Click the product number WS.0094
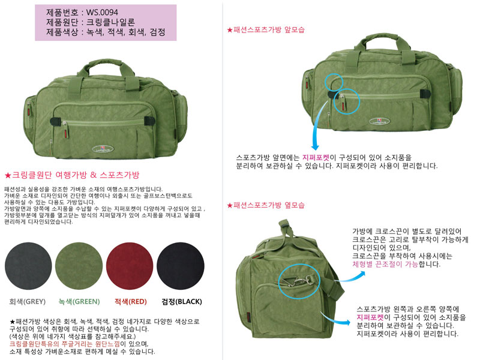102,12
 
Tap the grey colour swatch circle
28,266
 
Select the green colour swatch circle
79,266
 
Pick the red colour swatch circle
130,266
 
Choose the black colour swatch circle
181,266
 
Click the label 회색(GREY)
27,302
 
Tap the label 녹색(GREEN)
79,302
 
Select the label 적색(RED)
130,302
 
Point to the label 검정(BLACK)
182,302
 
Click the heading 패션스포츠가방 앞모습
266,30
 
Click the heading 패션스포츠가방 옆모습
266,205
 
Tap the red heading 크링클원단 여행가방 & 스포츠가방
72,175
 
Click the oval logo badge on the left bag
103,149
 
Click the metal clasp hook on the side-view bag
296,280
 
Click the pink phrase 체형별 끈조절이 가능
385,264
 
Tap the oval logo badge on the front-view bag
380,121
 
